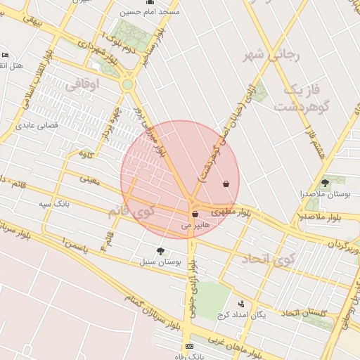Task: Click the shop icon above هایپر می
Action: (x=195, y=214)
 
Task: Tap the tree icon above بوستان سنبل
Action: (x=160, y=251)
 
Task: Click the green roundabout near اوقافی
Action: (x=127, y=84)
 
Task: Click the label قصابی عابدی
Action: (x=36, y=127)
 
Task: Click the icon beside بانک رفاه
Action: (x=188, y=347)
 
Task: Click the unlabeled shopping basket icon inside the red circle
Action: (x=226, y=184)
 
